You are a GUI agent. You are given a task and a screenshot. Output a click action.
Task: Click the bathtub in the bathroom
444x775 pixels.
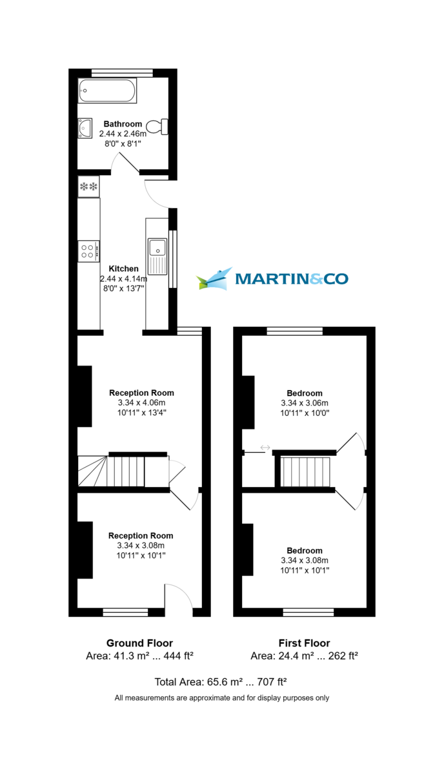[x=107, y=90]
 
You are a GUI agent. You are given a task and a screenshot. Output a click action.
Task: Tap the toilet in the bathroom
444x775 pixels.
[x=157, y=127]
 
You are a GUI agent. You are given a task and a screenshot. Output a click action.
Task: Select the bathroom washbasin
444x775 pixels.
[x=85, y=129]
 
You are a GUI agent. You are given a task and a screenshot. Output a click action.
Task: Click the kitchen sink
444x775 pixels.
[x=157, y=248]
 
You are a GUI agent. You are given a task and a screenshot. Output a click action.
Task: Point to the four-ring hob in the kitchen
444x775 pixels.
[x=88, y=251]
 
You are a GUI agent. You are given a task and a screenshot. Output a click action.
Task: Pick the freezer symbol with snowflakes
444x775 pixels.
[x=88, y=187]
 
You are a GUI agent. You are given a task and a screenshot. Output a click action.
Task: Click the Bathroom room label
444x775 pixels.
[x=123, y=124]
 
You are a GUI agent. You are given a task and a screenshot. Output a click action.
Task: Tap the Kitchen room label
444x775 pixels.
[x=123, y=269]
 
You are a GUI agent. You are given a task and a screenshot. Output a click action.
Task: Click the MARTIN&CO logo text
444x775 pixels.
[x=292, y=279]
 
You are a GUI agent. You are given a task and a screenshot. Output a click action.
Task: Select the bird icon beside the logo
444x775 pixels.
[x=215, y=279]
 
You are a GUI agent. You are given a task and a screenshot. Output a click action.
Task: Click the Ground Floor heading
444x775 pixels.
[x=139, y=643]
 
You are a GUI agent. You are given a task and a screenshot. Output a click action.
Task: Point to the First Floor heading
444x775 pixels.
[x=304, y=643]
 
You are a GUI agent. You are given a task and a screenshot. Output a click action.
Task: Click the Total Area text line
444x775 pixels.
[x=220, y=682]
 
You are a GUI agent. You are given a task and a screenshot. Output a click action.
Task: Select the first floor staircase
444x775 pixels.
[x=307, y=471]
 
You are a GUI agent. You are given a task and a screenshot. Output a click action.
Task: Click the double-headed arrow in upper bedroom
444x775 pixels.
[x=265, y=447]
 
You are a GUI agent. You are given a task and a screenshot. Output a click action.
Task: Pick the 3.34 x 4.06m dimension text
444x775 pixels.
[x=141, y=402]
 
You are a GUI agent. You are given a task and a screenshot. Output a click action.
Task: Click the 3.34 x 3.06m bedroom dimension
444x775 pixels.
[x=305, y=402]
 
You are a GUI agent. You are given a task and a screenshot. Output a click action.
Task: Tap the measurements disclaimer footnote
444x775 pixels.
[x=221, y=697]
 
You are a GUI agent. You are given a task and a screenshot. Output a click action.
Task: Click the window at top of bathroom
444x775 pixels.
[x=122, y=72]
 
